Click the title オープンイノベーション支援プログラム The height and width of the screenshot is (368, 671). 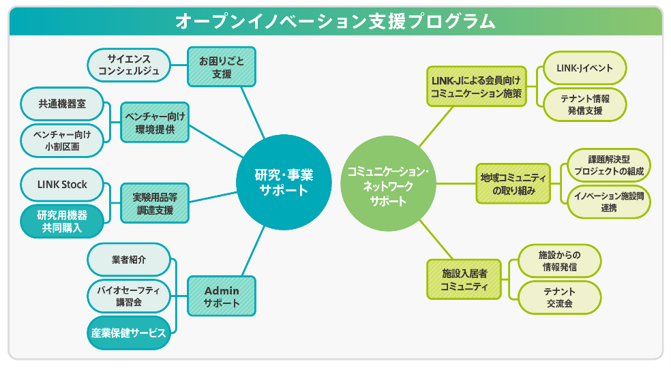coord(335,20)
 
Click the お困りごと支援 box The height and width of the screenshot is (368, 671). coord(222,67)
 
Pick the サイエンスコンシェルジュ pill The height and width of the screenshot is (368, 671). coord(129,65)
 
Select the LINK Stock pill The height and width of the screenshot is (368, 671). coord(62,185)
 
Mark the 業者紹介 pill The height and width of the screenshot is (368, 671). coord(129,260)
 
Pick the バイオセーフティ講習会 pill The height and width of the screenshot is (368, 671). coord(129,296)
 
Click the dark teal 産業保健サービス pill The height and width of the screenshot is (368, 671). coord(129,333)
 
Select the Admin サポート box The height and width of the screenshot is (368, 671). coord(222,296)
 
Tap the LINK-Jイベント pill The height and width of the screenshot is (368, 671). coord(584,68)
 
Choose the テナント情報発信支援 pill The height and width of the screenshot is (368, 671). coord(584,104)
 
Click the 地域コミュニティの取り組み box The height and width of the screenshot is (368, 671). coord(513,183)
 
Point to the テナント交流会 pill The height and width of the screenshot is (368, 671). coord(560,298)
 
